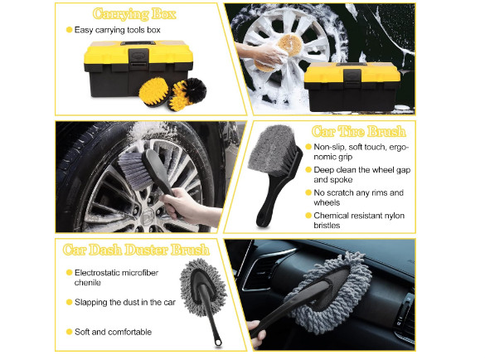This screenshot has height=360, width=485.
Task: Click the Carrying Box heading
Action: [134, 14]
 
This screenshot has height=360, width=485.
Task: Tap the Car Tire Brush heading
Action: [358, 132]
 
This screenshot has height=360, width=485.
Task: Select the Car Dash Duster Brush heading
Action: [136, 250]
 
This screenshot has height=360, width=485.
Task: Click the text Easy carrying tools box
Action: [118, 30]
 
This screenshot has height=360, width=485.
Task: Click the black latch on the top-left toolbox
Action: [138, 58]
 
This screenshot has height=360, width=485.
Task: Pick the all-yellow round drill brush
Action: [153, 91]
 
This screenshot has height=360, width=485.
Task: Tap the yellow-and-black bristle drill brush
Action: [187, 94]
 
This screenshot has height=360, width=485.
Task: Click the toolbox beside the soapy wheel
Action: [352, 86]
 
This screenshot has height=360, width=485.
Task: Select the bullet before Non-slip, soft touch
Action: [308, 147]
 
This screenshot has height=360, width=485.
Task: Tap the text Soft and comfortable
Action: [114, 332]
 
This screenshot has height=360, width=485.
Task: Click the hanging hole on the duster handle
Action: [219, 342]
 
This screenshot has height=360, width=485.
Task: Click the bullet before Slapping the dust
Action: [70, 302]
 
